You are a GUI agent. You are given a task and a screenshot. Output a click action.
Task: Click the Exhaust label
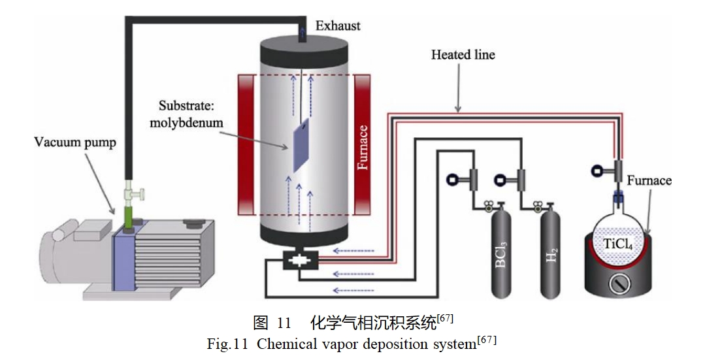[x=338, y=26]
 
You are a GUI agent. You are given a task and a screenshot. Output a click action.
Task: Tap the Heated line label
[x=463, y=55]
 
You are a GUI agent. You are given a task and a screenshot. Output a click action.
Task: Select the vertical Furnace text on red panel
[x=363, y=147]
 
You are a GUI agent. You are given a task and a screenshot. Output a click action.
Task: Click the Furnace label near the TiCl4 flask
[x=649, y=180]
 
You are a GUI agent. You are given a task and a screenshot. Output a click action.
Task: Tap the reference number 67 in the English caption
[x=487, y=339]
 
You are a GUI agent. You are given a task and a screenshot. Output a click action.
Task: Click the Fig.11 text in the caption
[x=228, y=344]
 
